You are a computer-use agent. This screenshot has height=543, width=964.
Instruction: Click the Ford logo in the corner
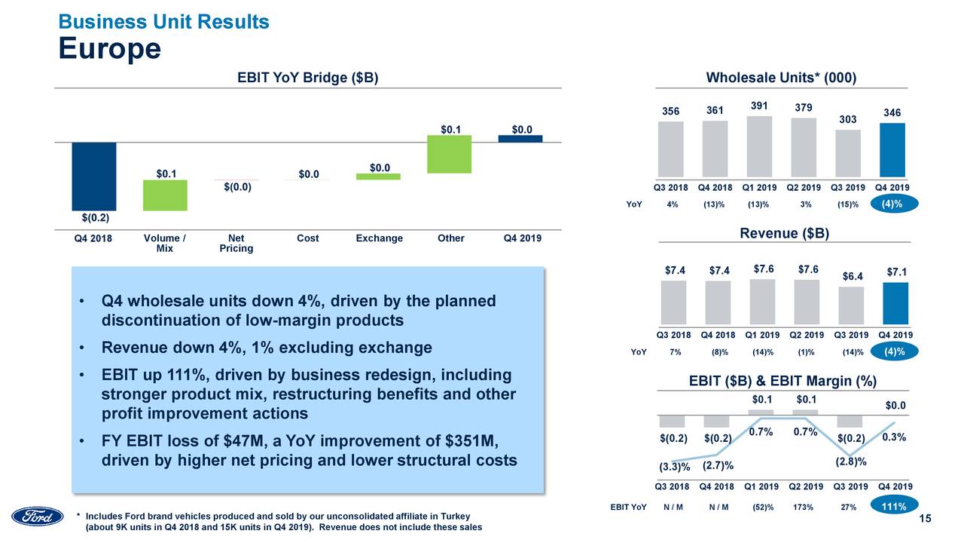(38, 517)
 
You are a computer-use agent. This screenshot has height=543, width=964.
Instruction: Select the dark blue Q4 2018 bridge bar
(94, 176)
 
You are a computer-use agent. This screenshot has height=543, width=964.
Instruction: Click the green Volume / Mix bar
(165, 195)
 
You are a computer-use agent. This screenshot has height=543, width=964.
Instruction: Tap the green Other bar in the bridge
(449, 154)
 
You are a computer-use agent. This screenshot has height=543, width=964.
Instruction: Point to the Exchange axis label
(379, 238)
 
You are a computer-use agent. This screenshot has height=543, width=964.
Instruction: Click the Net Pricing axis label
(236, 243)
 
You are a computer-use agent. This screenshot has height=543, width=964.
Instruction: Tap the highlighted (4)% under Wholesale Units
(892, 204)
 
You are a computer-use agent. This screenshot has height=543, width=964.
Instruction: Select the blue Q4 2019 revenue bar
(895, 302)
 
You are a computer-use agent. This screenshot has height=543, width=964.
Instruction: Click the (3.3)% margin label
(675, 467)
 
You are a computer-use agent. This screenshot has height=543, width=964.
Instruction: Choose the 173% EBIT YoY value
(804, 508)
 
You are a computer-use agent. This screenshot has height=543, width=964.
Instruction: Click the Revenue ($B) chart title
(784, 234)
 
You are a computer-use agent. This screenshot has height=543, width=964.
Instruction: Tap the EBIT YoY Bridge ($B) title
(307, 78)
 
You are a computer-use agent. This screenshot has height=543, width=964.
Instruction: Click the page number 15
(926, 518)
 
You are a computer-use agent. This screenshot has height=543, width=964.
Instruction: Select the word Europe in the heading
(110, 49)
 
